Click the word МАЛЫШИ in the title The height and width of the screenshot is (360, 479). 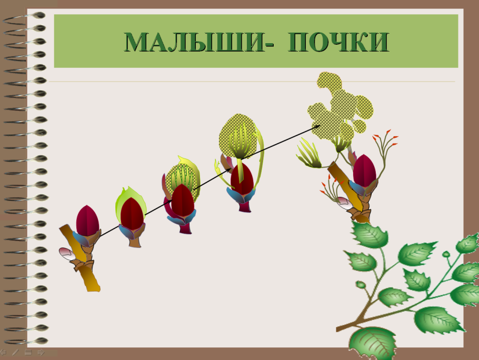(194, 42)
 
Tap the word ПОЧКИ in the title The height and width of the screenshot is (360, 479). (338, 42)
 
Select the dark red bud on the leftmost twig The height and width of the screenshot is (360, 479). (88, 221)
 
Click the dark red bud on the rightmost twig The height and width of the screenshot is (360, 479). (364, 171)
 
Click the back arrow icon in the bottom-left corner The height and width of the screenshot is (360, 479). (3, 353)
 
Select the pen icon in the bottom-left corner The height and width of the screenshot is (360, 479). (15, 352)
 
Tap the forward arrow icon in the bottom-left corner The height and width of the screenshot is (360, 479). (41, 353)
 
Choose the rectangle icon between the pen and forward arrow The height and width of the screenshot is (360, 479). (28, 353)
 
